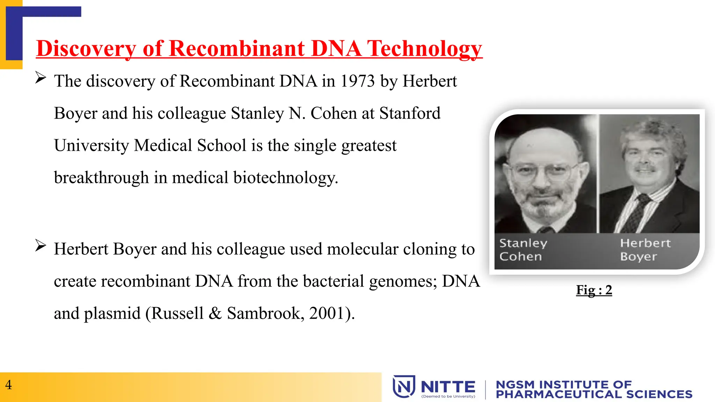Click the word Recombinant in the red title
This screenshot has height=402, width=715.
[x=237, y=48]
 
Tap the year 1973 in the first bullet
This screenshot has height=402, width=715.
[x=357, y=81]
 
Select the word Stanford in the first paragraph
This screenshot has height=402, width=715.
[x=410, y=113]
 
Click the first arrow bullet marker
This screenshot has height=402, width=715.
[x=40, y=77]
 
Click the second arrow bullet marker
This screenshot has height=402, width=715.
[x=40, y=246]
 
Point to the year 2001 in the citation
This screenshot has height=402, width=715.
[x=327, y=313]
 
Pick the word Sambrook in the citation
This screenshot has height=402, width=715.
[x=264, y=313]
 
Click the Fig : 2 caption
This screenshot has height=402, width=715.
[x=594, y=290]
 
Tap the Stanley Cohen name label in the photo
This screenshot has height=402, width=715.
[x=523, y=250]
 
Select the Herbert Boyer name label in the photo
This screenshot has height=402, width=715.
[x=644, y=250]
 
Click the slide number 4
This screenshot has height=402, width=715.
[x=8, y=385]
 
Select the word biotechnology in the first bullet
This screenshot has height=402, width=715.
[x=285, y=178]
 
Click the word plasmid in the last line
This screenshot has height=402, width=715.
[x=112, y=313]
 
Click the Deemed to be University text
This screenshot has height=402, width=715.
[x=448, y=396]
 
